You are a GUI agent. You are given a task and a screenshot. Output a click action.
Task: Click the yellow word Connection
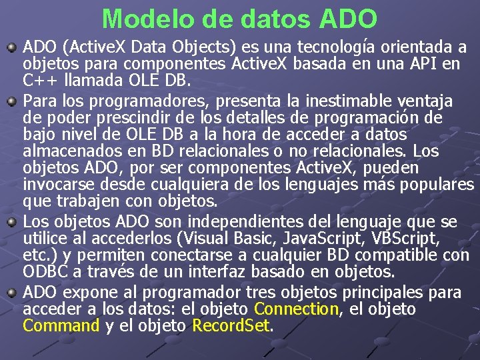(x=297, y=309)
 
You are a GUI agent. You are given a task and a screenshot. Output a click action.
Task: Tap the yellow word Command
(x=61, y=326)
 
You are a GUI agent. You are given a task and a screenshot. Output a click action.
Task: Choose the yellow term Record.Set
(x=231, y=326)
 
